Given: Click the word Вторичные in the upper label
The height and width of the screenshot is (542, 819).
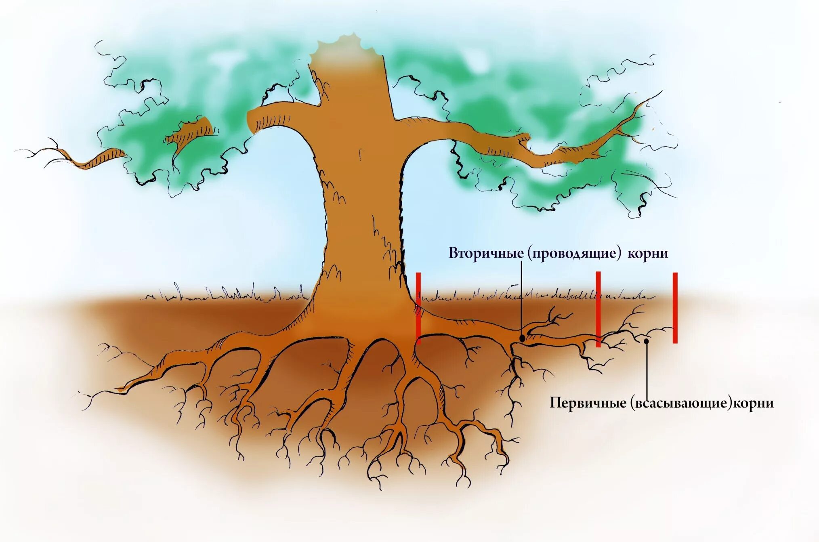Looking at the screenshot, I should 486,253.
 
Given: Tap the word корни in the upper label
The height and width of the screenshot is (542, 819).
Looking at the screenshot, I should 648,253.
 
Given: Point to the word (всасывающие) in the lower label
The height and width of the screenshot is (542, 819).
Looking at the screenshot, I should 681,403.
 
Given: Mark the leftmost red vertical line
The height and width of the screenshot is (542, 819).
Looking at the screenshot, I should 418,308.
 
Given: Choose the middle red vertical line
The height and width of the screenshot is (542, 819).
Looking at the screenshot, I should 598,309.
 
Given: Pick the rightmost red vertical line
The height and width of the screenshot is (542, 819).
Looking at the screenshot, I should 675,308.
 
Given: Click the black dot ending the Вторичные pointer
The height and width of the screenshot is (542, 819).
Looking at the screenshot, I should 522,338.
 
